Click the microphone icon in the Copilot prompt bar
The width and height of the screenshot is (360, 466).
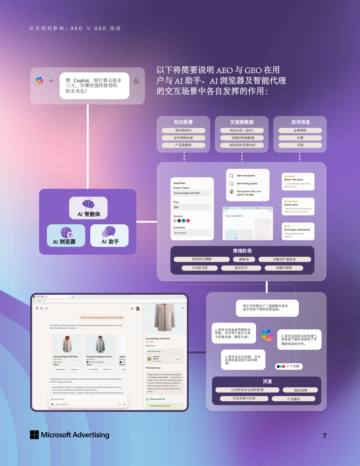pyautogui.click(x=136, y=81)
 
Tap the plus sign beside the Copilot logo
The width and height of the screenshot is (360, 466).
pyautogui.click(x=51, y=81)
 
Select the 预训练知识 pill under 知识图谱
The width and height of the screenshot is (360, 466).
pyautogui.click(x=183, y=131)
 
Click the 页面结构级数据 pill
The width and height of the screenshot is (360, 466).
pyautogui.click(x=242, y=138)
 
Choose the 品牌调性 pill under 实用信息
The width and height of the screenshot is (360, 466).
pyautogui.click(x=300, y=131)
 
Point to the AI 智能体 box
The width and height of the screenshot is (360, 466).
pyautogui.click(x=89, y=208)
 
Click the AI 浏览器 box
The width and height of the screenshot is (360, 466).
pyautogui.click(x=66, y=236)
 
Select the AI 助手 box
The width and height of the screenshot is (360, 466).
pyautogui.click(x=109, y=236)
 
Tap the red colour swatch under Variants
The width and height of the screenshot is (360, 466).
pyautogui.click(x=188, y=221)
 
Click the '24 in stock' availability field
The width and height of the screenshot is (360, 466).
pyautogui.click(x=192, y=233)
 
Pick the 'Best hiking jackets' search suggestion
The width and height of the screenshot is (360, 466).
pyautogui.click(x=247, y=183)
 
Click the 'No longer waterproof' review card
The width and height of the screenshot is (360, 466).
pyautogui.click(x=298, y=231)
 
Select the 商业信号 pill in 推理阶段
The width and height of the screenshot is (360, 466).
pyautogui.click(x=241, y=268)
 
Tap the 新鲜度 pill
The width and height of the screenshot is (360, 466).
pyautogui.click(x=244, y=259)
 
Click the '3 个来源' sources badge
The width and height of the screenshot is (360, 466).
pyautogui.click(x=289, y=366)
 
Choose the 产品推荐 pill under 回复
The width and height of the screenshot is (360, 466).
pyautogui.click(x=294, y=399)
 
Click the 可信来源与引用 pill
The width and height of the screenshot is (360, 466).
pyautogui.click(x=244, y=398)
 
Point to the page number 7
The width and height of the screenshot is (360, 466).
pyautogui.click(x=324, y=436)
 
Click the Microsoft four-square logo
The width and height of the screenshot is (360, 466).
pyautogui.click(x=35, y=435)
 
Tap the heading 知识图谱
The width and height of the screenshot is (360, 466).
pyautogui.click(x=183, y=122)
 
